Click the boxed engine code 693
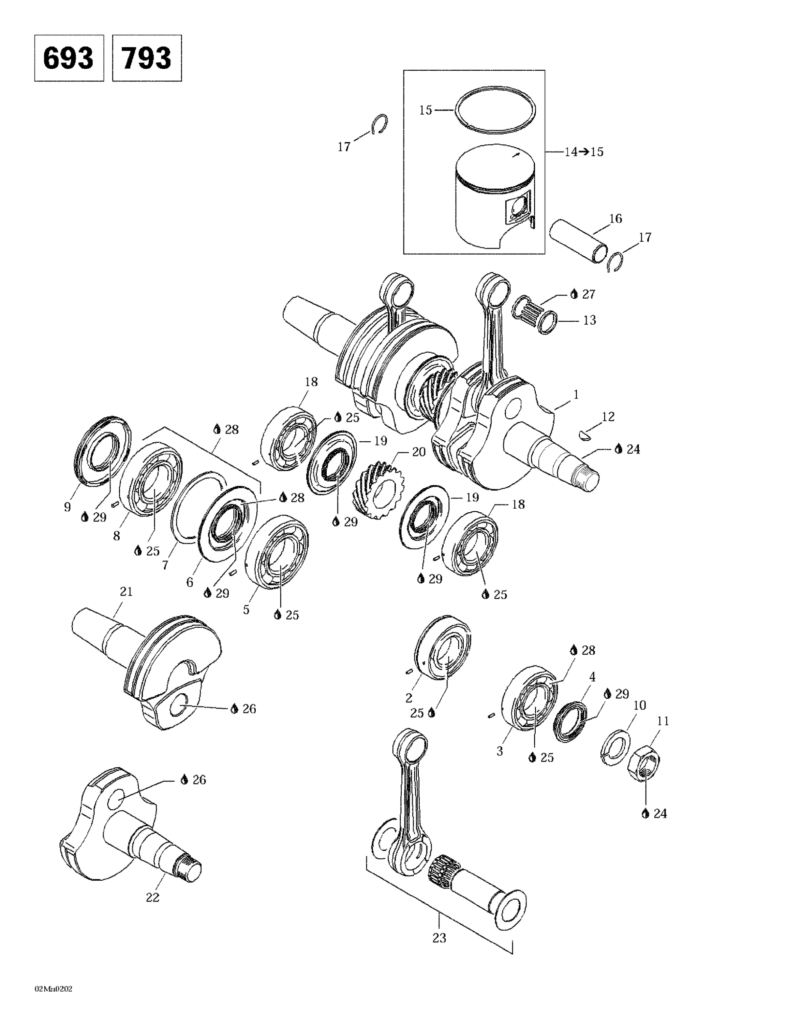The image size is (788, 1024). pyautogui.click(x=69, y=58)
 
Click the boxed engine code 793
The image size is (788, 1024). pyautogui.click(x=147, y=58)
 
